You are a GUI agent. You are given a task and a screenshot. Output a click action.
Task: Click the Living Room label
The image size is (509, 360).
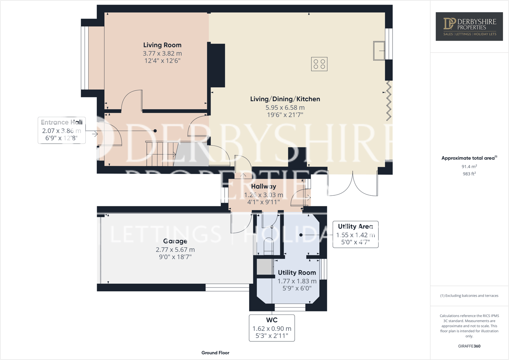(x=162, y=45)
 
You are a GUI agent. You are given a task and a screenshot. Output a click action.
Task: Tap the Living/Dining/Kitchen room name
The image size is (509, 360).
(x=285, y=99)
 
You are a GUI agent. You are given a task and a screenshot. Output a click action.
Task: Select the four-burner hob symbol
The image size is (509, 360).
(x=319, y=64)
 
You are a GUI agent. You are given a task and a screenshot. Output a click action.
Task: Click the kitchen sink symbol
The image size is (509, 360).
(x=379, y=50)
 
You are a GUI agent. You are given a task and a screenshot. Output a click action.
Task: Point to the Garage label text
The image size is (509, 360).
(x=175, y=241)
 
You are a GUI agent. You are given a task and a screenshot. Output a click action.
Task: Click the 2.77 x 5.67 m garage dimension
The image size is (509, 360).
(x=175, y=250)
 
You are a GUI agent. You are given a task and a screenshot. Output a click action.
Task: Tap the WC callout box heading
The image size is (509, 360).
(x=272, y=320)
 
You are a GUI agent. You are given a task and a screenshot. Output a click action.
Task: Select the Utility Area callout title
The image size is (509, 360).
(x=355, y=226)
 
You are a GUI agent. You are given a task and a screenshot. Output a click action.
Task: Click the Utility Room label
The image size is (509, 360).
(x=297, y=273)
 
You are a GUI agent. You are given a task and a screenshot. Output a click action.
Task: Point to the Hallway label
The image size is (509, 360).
(x=263, y=187)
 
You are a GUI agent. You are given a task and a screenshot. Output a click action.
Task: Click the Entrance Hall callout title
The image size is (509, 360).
(x=61, y=122)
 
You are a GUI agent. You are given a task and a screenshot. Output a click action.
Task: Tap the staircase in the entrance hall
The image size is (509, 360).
(x=161, y=154)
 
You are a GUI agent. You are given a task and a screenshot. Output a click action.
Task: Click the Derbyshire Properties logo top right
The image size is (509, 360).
(x=469, y=27)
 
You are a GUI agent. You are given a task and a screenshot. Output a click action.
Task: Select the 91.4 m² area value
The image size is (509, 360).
(x=469, y=167)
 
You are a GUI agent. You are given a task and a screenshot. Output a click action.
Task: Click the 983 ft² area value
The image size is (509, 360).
(x=469, y=174)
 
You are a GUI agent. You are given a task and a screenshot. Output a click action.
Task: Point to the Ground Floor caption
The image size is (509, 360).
(x=215, y=353)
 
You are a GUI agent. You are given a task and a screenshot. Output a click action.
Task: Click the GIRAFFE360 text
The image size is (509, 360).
(x=469, y=346)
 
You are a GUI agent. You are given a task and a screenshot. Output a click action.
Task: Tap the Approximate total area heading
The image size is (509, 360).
(x=469, y=158)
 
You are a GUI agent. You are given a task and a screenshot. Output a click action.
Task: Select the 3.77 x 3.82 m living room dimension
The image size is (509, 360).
(x=162, y=53)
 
